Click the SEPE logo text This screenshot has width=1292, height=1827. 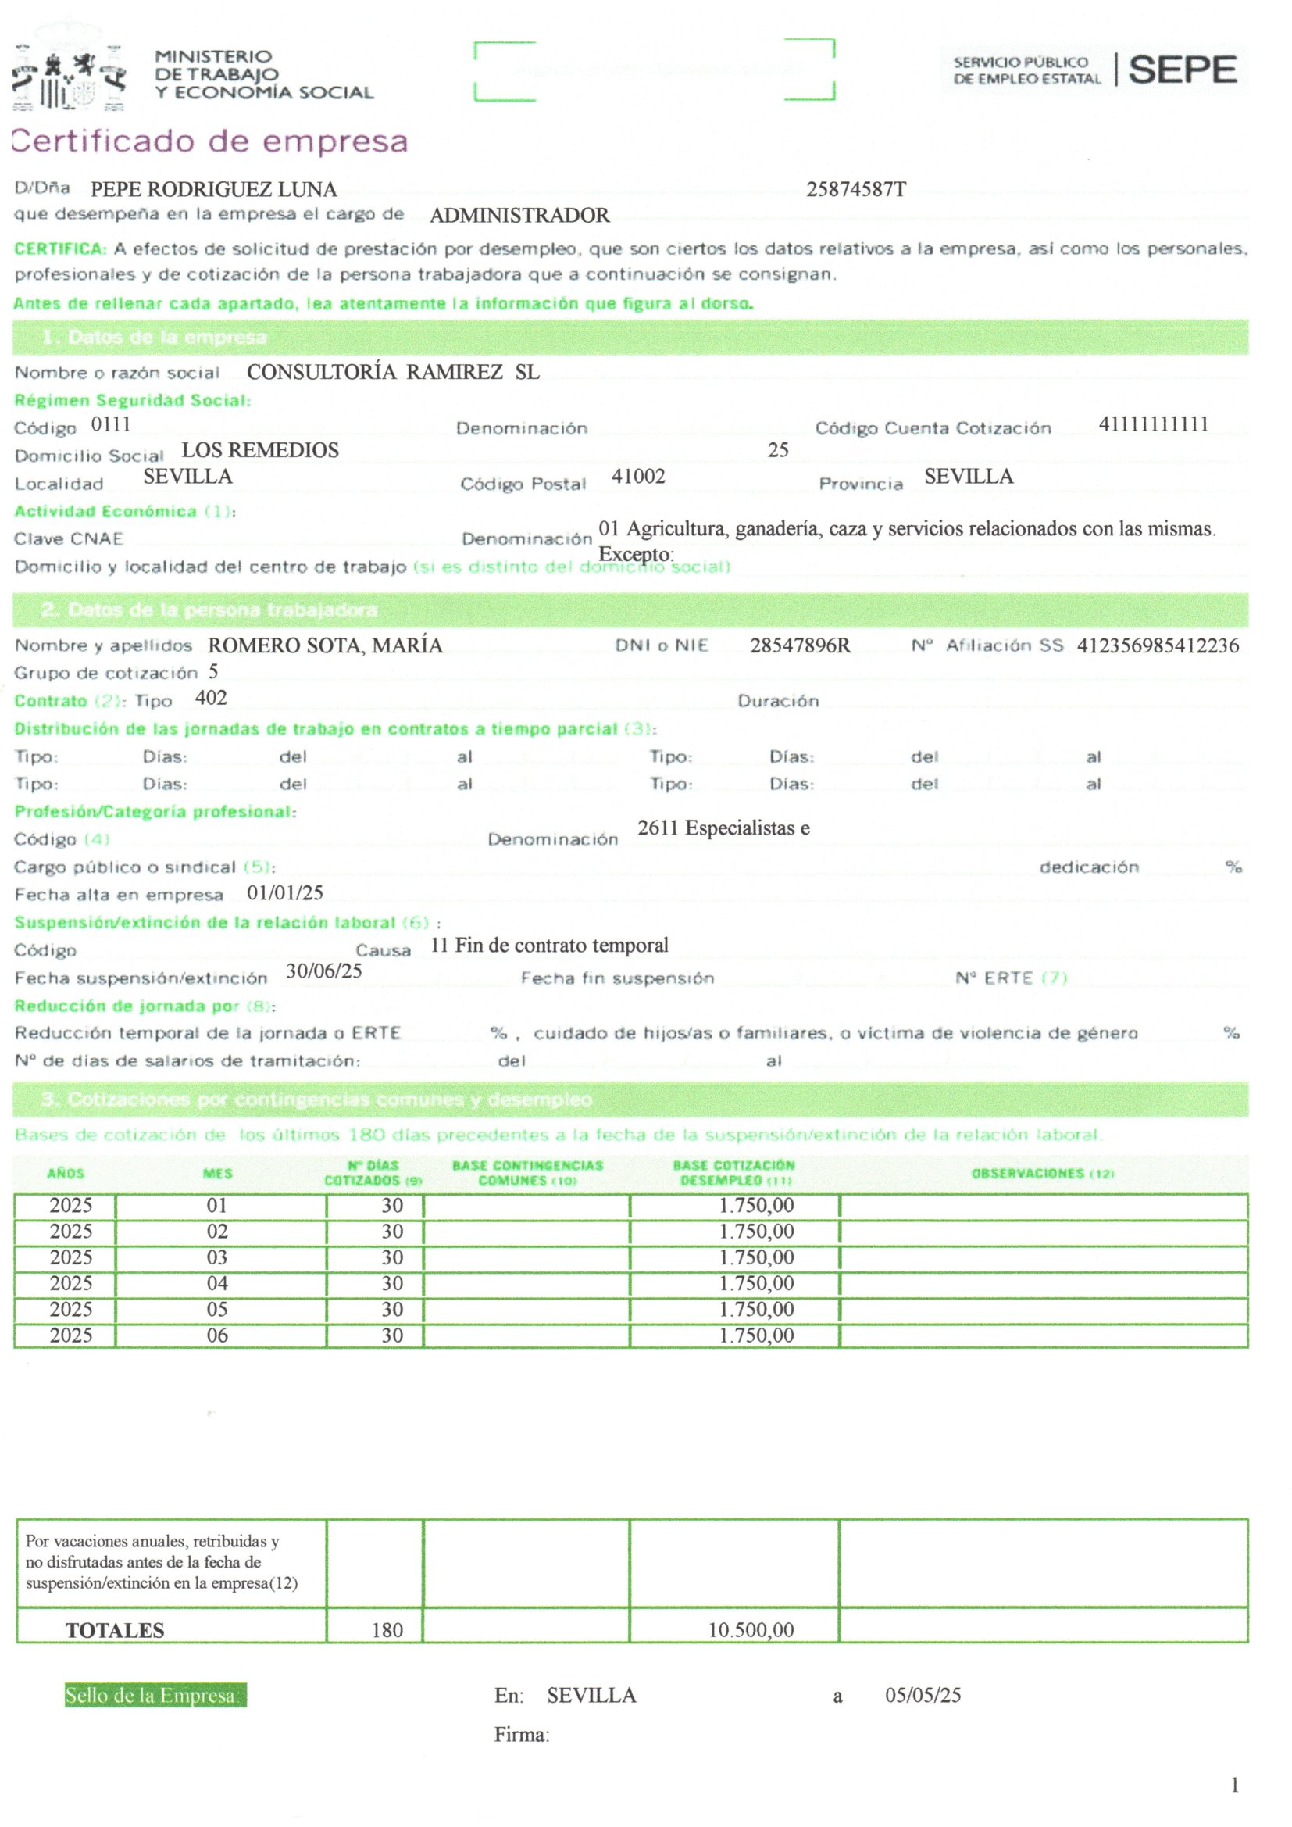pos(1182,70)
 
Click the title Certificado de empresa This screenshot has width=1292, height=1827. pos(210,141)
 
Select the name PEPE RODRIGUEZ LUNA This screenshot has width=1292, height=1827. pos(213,189)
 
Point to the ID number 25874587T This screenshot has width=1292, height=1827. pos(855,189)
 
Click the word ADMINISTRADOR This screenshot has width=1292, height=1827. pos(519,216)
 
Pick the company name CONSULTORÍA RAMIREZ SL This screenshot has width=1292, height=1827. pos(393,372)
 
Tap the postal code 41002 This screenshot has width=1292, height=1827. pos(638,477)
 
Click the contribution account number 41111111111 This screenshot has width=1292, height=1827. pos(1153,424)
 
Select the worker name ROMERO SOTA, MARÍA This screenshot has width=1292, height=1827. pos(325,645)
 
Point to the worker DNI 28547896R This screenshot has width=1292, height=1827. pos(800,645)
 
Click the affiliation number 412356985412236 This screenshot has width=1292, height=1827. pos(1158,645)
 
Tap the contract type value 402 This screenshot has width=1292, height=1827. pos(211,698)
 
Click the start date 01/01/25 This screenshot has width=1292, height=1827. pos(285,893)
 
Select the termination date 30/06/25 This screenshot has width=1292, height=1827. pos(324,971)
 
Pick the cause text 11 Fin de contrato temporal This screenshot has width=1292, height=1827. pos(549,946)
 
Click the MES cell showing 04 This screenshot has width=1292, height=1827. pos(217,1284)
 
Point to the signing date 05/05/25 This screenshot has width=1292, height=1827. pos(923,1696)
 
